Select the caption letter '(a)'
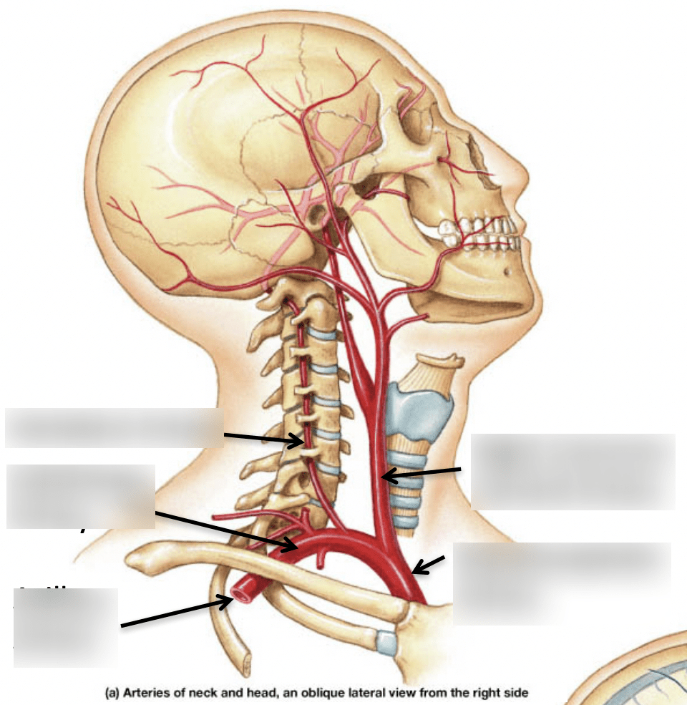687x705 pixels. coord(112,693)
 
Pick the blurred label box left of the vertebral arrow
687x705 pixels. coord(113,428)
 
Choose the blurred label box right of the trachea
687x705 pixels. coord(572,471)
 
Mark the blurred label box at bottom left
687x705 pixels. coord(65,627)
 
